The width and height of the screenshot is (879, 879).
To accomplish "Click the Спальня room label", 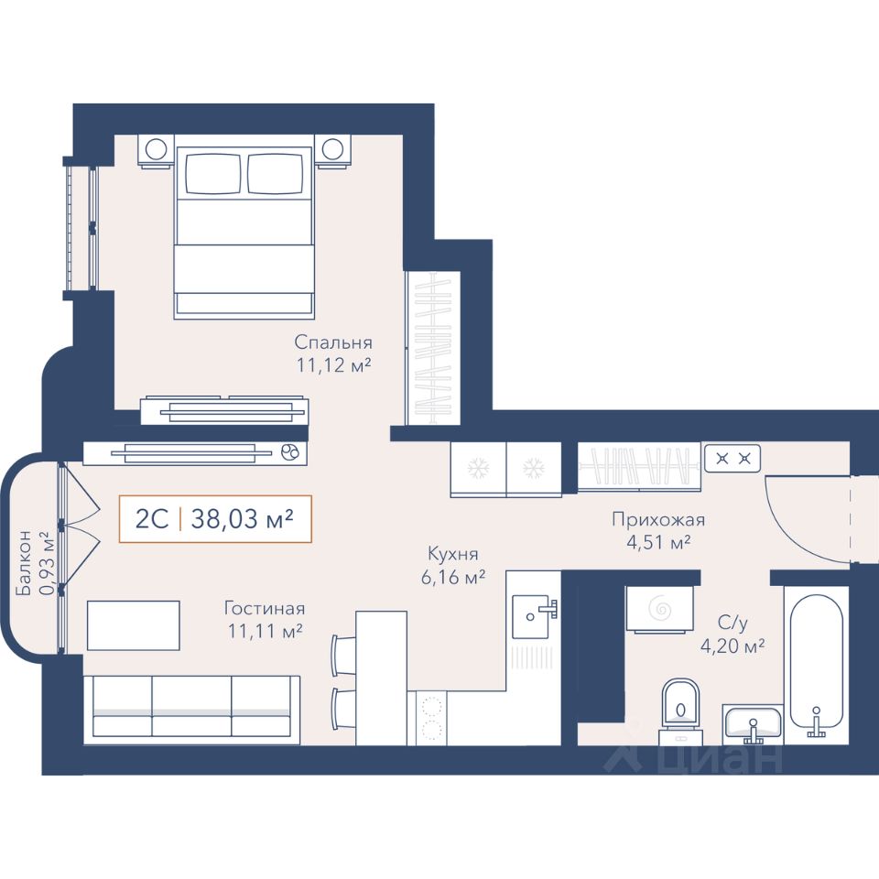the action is click(x=333, y=342).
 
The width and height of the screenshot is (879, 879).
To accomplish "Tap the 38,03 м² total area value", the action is click(x=242, y=519).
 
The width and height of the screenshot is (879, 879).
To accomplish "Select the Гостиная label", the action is click(x=265, y=608).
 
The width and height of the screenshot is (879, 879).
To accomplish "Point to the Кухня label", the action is click(x=453, y=554).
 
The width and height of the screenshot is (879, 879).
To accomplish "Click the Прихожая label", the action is click(x=658, y=520).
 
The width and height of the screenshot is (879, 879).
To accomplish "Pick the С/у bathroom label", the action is click(x=732, y=623).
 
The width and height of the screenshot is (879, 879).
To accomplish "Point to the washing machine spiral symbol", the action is click(x=659, y=607).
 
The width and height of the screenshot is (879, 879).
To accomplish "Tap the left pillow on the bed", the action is click(x=213, y=174).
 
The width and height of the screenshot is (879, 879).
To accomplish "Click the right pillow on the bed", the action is click(x=275, y=174).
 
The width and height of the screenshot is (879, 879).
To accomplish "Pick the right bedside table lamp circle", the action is click(x=332, y=149).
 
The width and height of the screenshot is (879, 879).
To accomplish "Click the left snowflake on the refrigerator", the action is click(x=479, y=468).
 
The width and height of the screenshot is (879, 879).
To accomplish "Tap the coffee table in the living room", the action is click(x=134, y=625).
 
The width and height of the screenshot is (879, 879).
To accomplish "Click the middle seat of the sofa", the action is click(x=191, y=705).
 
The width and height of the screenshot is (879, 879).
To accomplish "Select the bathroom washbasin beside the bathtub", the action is click(x=753, y=722).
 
